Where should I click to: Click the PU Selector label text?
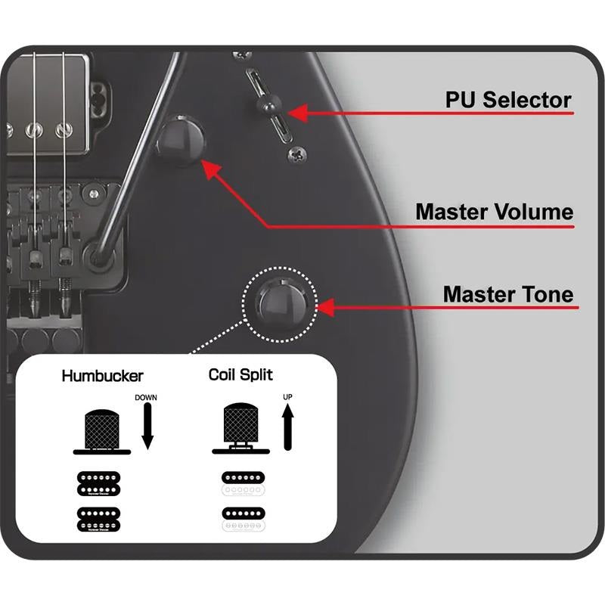tap(507, 100)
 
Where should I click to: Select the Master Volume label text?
tap(494, 211)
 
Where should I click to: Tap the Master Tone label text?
tap(508, 293)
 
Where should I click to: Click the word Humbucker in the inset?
tap(103, 375)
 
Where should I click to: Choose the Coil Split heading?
tap(240, 374)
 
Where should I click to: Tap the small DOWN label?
tap(145, 397)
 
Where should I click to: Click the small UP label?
tap(287, 396)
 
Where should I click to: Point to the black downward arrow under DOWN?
tap(147, 428)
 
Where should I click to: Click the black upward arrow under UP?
tap(287, 427)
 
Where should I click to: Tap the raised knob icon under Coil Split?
tap(240, 427)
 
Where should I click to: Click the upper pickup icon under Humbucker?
tap(102, 482)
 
